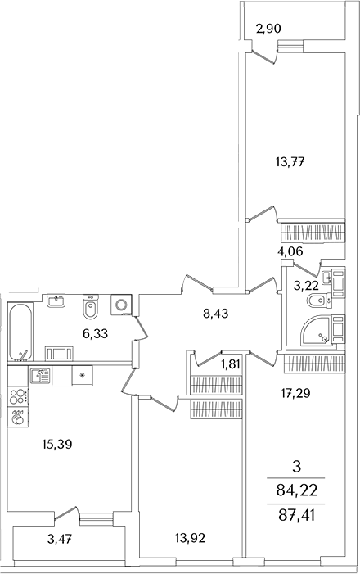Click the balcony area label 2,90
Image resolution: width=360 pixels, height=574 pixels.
pyautogui.click(x=269, y=29)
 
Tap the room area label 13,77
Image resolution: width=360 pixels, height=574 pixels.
pyautogui.click(x=290, y=161)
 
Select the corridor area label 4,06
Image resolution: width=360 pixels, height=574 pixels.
pyautogui.click(x=290, y=251)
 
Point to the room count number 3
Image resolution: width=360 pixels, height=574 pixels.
pyautogui.click(x=297, y=467)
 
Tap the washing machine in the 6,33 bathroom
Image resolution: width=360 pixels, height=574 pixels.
pyautogui.click(x=122, y=305)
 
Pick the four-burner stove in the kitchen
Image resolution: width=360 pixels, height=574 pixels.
pyautogui.click(x=18, y=397)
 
